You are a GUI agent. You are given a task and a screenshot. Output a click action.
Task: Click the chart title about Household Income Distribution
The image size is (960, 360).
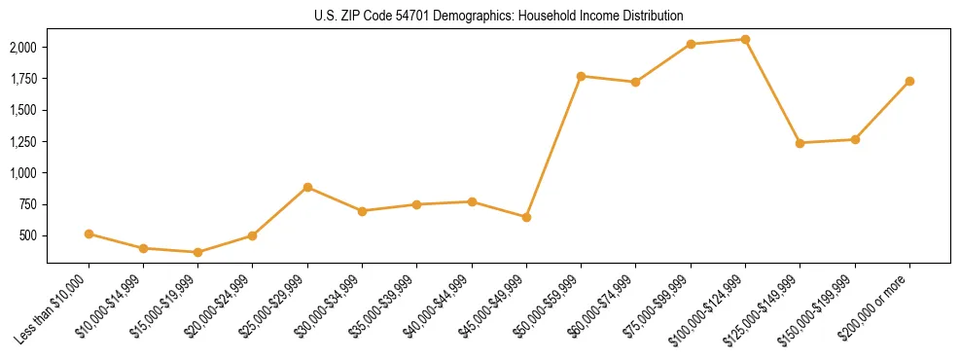coord(499,17)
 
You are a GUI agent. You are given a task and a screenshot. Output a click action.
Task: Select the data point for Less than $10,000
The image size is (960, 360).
coord(89,234)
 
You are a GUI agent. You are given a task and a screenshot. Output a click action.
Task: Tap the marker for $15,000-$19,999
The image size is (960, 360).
coord(197,252)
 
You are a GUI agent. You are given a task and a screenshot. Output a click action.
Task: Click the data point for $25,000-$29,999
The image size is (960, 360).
coord(307,187)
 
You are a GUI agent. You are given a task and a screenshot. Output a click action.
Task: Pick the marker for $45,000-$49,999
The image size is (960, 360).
coord(526,217)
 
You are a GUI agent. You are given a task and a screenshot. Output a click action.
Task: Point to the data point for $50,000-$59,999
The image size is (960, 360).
coord(581,76)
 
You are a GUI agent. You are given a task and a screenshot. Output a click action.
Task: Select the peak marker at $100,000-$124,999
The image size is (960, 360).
coord(745,40)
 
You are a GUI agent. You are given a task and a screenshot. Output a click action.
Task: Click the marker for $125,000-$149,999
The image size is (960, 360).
coord(800,143)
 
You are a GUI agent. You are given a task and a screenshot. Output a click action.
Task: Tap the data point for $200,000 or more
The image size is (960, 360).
coord(909,81)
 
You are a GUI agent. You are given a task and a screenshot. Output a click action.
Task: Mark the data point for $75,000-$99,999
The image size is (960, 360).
coord(691,44)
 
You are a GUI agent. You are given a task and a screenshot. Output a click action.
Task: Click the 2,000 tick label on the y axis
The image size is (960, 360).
coord(23,48)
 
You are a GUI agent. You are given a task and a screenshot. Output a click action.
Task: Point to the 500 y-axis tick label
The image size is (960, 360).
coord(29,235)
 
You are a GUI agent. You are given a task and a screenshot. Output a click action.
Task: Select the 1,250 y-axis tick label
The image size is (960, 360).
coord(23,142)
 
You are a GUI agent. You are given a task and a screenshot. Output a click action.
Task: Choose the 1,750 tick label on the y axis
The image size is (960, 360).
coord(23,79)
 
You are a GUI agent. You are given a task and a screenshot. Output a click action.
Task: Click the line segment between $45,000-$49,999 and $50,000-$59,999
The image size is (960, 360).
coord(553,146)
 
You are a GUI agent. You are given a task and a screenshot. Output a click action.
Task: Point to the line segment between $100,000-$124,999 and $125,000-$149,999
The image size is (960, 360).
coord(772,91)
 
